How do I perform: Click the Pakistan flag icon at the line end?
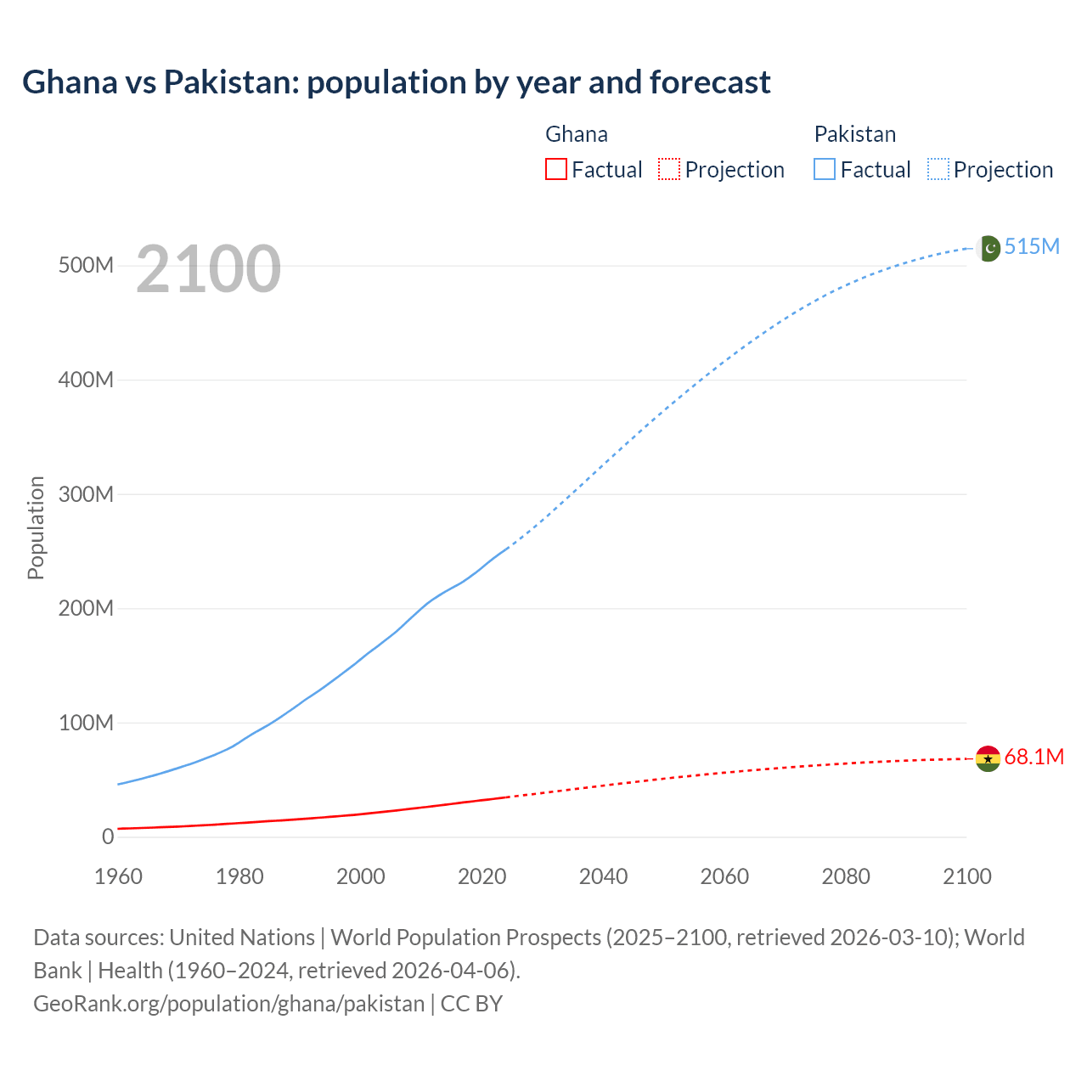[x=988, y=248]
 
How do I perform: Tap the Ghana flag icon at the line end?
[x=988, y=758]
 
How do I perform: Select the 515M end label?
[x=1032, y=246]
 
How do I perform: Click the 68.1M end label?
[x=1033, y=757]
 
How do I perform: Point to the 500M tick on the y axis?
[x=86, y=265]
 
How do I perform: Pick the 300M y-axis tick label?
[x=86, y=494]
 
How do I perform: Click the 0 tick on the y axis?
[x=107, y=836]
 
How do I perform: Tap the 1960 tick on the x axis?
[x=118, y=876]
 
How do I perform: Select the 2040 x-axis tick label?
[x=603, y=876]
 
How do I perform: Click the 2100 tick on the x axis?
[x=966, y=876]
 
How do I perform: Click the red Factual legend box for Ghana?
[x=555, y=169]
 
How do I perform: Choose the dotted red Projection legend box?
[x=669, y=169]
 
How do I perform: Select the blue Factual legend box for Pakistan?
[x=824, y=169]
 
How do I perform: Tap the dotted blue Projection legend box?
[x=938, y=169]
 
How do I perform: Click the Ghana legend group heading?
[x=576, y=134]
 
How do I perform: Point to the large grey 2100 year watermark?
[x=208, y=268]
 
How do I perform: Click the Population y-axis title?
[x=36, y=527]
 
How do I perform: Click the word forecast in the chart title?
[x=710, y=82]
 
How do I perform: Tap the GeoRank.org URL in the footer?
[x=228, y=1003]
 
